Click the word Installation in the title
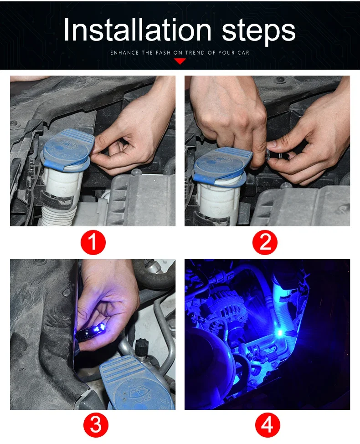click(138, 30)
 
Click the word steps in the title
click(259, 31)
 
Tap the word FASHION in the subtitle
click(169, 53)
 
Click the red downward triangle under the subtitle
click(180, 61)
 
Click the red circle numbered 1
click(93, 242)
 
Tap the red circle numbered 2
click(265, 242)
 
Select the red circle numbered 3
click(96, 425)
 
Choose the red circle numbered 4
click(267, 425)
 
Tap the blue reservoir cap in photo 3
click(137, 382)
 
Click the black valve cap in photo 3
click(142, 347)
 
